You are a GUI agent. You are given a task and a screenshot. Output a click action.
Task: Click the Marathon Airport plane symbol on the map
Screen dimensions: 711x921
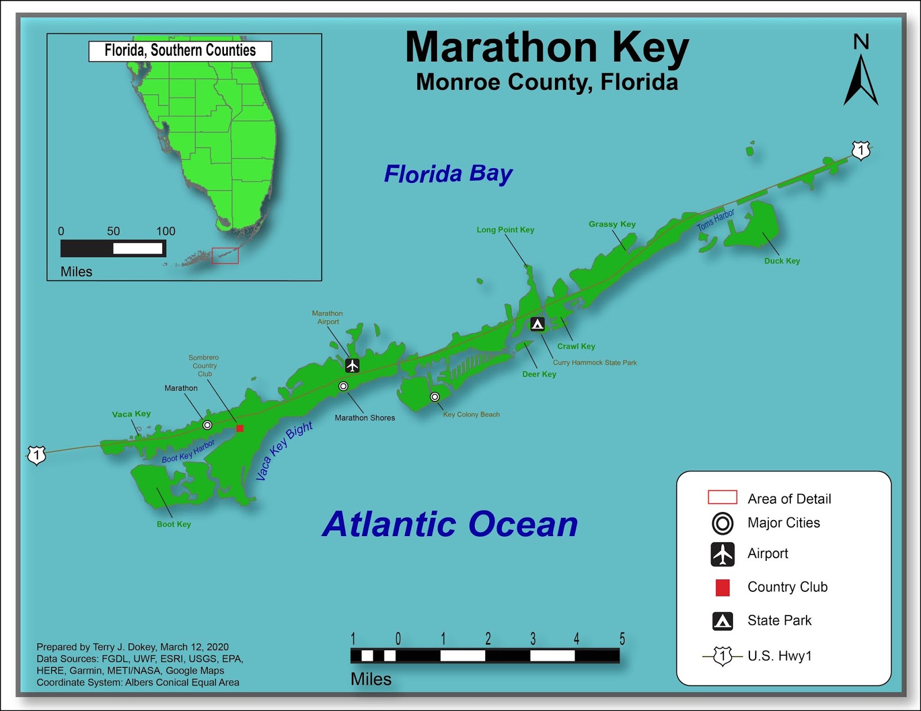coord(352,365)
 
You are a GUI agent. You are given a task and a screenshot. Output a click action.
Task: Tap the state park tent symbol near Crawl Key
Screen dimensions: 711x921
coord(537,324)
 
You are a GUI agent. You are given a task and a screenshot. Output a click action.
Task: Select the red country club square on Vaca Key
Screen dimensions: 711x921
coord(240,428)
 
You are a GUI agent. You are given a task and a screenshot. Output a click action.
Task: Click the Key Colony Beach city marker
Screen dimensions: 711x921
coord(435,397)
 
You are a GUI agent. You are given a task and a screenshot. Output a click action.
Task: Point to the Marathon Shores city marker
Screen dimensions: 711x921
coord(343,386)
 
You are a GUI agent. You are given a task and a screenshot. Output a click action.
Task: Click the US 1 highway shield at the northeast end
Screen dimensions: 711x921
coord(861,151)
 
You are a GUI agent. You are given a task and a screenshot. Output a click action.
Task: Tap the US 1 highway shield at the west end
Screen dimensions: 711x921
coord(37,456)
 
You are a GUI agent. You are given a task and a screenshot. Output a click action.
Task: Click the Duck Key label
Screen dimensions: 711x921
coord(782,261)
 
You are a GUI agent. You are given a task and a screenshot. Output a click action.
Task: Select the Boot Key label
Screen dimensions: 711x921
coord(174,524)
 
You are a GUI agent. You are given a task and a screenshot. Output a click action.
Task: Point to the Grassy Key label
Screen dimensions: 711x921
coord(612,224)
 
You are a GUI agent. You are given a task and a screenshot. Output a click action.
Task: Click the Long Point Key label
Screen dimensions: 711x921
coord(505,230)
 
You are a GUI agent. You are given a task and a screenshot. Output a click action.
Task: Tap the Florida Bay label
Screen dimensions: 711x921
coord(448,174)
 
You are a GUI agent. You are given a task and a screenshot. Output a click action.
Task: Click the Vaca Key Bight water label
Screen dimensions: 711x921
coord(284,450)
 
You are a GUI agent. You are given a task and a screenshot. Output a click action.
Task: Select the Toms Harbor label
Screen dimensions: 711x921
coord(716,220)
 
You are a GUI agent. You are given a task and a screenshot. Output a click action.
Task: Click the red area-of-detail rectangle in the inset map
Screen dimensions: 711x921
coord(225,256)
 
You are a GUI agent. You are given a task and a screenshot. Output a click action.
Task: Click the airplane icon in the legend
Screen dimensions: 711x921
coord(722,554)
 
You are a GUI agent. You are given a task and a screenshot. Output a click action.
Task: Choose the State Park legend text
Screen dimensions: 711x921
coord(779,621)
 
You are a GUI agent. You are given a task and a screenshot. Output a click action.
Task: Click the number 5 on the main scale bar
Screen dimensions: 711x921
coord(622,639)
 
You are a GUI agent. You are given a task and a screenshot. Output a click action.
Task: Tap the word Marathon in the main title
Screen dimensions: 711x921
coord(501,47)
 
